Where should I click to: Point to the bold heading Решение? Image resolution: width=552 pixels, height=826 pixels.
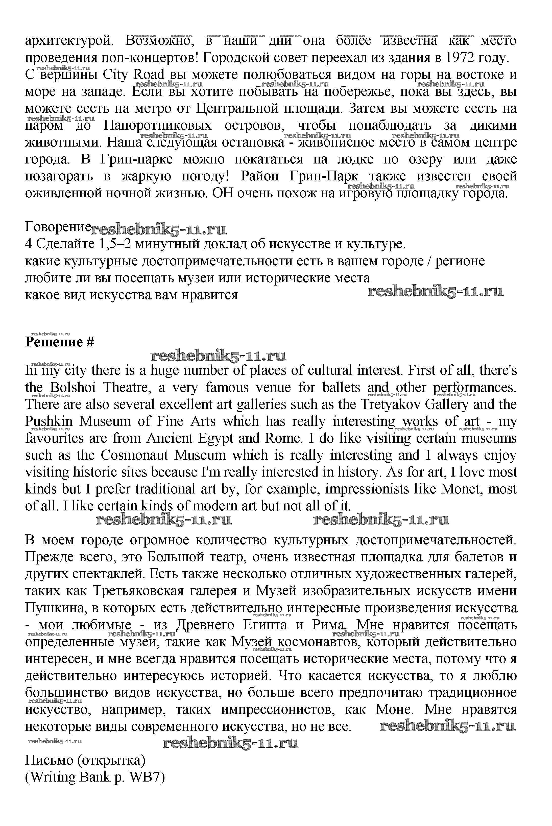[x=54, y=342]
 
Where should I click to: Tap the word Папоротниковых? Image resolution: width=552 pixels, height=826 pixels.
[x=158, y=126]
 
